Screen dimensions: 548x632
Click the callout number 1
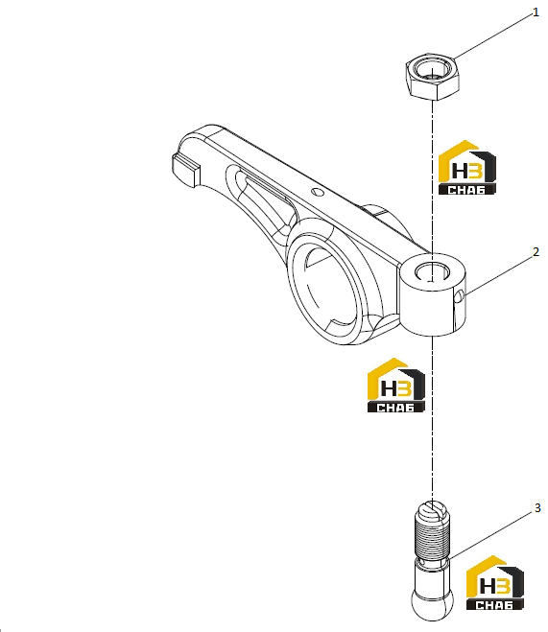(536, 12)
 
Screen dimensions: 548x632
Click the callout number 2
(536, 252)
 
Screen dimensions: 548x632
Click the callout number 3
(537, 508)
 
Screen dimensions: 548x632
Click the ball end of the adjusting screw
(432, 603)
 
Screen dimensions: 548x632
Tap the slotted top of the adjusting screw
(432, 510)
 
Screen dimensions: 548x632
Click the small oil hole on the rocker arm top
(319, 192)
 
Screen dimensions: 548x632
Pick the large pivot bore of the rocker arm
(325, 285)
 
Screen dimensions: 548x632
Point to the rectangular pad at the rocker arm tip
(184, 169)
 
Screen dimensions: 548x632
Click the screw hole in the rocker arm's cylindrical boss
(432, 270)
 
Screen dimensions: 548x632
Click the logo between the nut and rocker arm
(467, 168)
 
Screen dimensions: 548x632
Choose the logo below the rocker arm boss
(396, 386)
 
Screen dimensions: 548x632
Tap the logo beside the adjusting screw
(495, 583)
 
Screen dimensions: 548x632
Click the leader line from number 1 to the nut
(492, 35)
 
